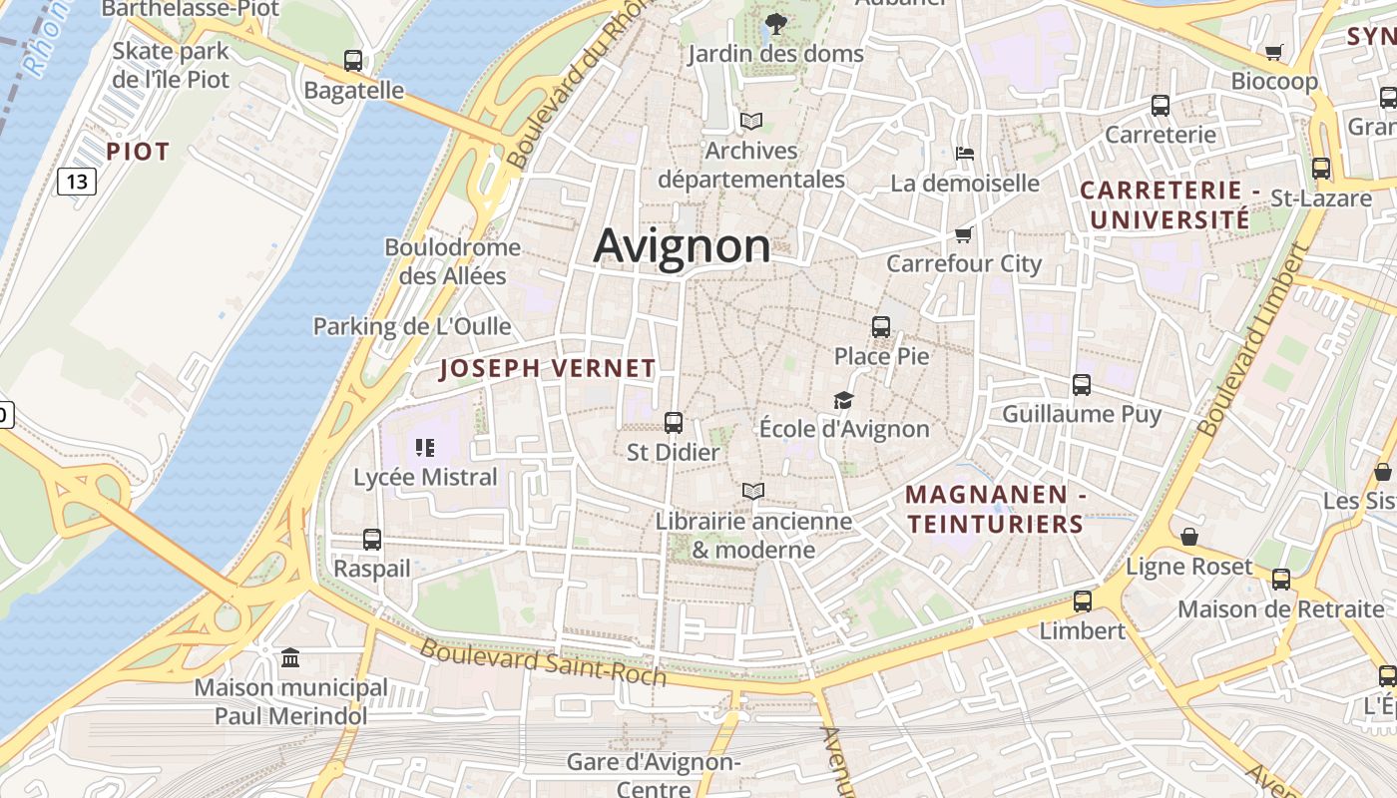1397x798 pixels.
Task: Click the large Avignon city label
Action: (682, 246)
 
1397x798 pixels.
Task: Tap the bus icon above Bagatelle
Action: (353, 61)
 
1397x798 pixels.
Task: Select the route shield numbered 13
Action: (77, 181)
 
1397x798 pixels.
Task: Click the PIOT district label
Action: (138, 152)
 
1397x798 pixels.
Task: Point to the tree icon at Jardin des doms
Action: (774, 23)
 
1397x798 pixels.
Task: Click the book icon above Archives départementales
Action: (751, 121)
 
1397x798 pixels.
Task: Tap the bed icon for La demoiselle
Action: (965, 154)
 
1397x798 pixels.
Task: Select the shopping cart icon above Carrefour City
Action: (963, 234)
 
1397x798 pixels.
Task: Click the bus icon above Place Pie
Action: (880, 326)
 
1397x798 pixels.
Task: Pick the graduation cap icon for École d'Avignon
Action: (843, 400)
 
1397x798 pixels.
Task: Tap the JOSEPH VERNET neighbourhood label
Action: (548, 368)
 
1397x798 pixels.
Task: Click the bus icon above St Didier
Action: (674, 422)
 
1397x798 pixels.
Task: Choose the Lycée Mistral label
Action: (425, 477)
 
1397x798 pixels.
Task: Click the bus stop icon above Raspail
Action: (372, 539)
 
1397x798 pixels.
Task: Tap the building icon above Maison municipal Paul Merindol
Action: (290, 657)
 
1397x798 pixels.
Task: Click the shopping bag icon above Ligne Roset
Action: (1188, 537)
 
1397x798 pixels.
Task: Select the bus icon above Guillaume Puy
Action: (1082, 384)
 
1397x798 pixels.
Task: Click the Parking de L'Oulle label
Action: (412, 326)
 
